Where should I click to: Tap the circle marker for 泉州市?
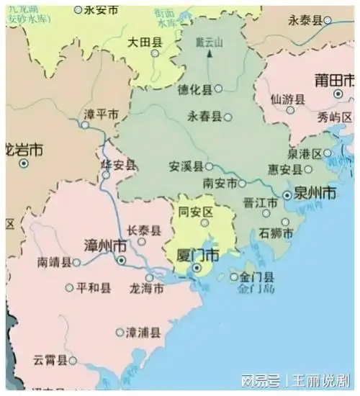pos(287,195)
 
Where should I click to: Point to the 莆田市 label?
pos(335,79)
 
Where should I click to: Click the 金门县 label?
pos(258,276)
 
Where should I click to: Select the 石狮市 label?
pos(276,234)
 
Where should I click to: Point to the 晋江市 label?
pos(261,204)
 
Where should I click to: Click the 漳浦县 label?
pos(143,333)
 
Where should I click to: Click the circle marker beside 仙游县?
pos(290,110)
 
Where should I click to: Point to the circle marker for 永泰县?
pos(328,21)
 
